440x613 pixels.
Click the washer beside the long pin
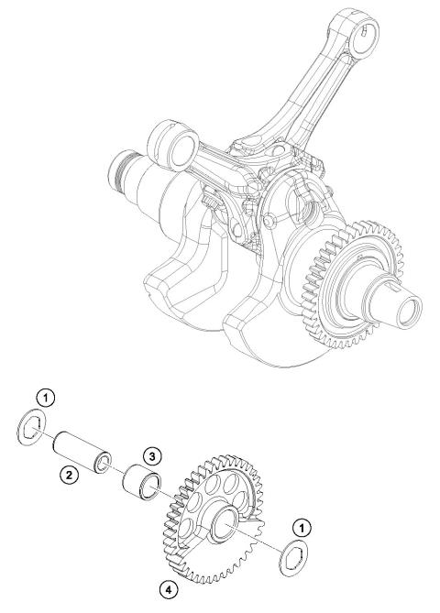point(33,428)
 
